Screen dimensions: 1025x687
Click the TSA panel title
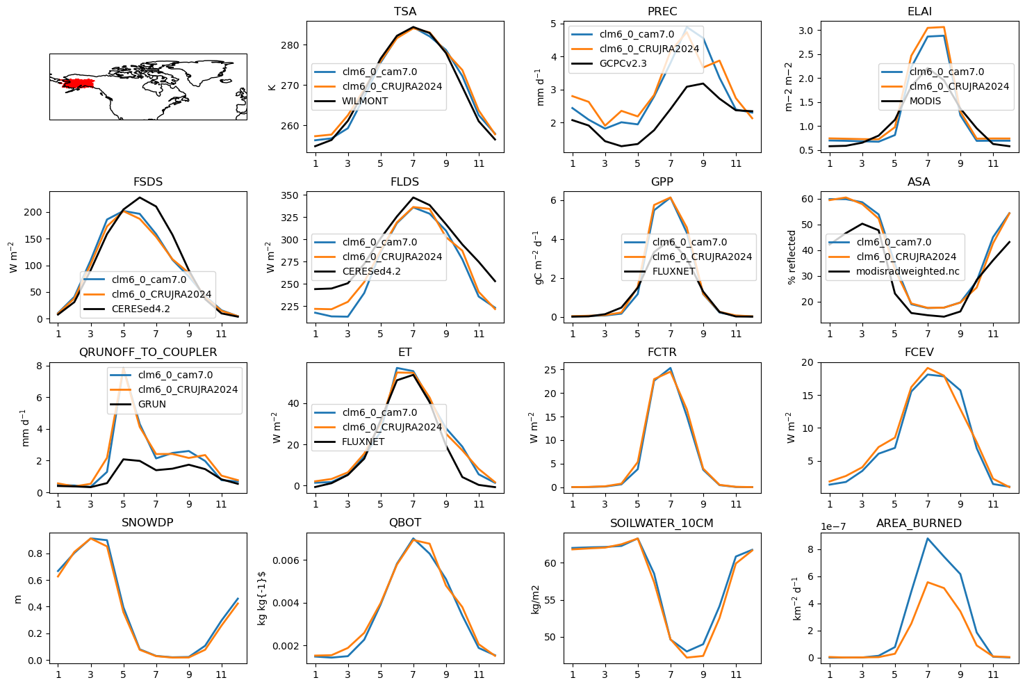[x=405, y=11]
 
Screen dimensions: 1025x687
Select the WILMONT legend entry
[x=365, y=101]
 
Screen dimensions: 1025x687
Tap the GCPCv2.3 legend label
[x=623, y=63]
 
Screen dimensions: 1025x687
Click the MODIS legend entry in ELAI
[x=925, y=101]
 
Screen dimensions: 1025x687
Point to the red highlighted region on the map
[x=78, y=83]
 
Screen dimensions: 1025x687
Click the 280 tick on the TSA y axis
[x=290, y=45]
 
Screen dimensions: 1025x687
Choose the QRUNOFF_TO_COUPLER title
[x=148, y=353]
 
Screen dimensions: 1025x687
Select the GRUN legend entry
[x=152, y=404]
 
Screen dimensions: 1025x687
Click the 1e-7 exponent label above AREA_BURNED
[x=833, y=526]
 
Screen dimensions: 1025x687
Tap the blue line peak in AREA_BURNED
[x=928, y=539]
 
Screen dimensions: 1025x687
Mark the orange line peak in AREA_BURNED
[x=928, y=582]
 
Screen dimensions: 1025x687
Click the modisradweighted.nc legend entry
[x=908, y=271]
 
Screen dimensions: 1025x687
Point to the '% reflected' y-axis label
[x=792, y=257]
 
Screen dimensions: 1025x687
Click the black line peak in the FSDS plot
[x=140, y=197]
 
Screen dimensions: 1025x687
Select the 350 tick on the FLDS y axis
[x=290, y=195]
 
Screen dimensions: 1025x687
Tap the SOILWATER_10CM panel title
[x=662, y=523]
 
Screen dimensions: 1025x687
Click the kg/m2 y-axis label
[x=535, y=599]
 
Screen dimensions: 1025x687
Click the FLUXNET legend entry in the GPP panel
[x=673, y=271]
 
